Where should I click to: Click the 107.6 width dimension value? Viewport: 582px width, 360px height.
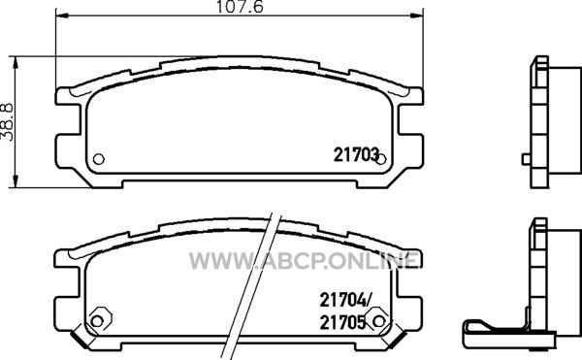tap(240, 7)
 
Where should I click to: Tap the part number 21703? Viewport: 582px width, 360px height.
tap(356, 154)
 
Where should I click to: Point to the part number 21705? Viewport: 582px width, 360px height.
tap(342, 322)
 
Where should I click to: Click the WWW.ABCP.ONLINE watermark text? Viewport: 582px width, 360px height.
tap(305, 260)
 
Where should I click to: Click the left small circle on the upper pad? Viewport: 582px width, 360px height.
tap(98, 159)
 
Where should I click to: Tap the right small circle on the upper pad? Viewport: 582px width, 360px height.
tap(381, 159)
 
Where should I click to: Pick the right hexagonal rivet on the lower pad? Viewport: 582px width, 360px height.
tap(378, 320)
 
